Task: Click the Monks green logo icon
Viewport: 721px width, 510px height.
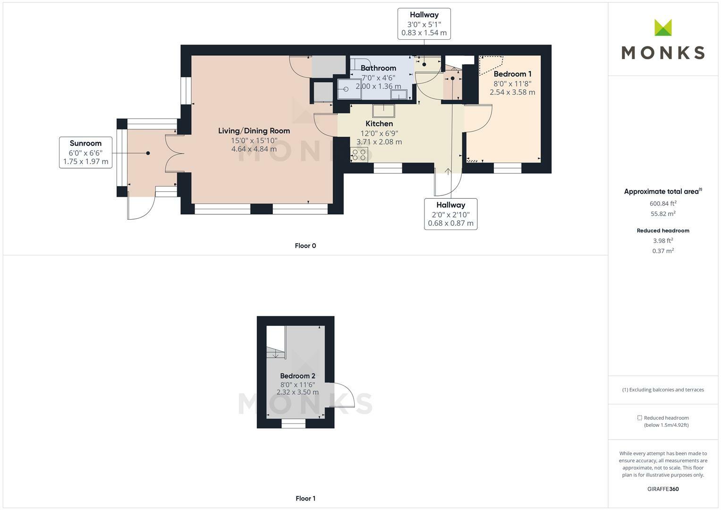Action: pos(663,27)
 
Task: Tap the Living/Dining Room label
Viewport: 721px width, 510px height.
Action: pos(254,131)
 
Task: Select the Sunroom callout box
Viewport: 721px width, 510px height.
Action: pos(85,152)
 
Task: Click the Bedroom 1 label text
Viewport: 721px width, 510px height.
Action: pos(512,74)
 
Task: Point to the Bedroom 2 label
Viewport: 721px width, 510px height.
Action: pos(297,376)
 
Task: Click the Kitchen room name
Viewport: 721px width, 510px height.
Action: pos(379,124)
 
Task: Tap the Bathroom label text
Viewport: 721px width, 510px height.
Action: pos(378,68)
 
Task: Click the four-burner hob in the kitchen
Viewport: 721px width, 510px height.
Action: pos(359,154)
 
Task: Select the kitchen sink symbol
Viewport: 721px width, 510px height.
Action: pos(383,111)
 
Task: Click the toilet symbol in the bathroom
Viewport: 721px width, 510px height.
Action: pos(348,89)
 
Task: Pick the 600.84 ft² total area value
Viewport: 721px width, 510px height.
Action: pos(663,204)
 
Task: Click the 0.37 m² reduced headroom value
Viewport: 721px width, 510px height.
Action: pos(663,251)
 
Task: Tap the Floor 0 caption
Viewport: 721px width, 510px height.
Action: pos(305,246)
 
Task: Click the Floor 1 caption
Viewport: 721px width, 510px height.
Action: pos(305,498)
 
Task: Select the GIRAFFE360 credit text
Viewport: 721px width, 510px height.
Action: pos(663,489)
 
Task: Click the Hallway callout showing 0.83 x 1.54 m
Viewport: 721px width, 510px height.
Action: pos(424,24)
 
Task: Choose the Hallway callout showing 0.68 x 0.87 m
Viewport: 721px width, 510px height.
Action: pos(450,214)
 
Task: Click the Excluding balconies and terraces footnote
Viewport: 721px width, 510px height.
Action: pos(663,390)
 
